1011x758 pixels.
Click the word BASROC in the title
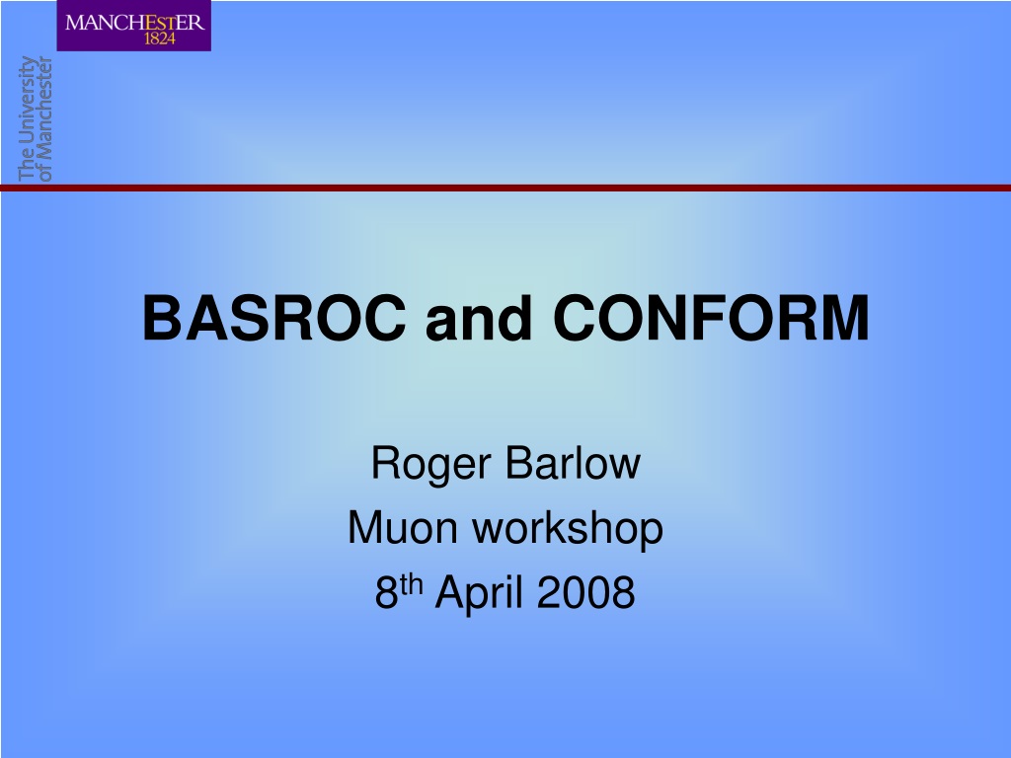click(x=274, y=318)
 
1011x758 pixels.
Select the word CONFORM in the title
click(x=711, y=318)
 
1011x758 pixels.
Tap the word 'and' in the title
click(x=479, y=318)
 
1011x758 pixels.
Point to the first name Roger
click(x=431, y=464)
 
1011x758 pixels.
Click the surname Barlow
click(x=574, y=463)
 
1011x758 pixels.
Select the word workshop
click(x=568, y=530)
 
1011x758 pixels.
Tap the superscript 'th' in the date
click(x=411, y=584)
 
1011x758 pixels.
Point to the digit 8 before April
click(x=386, y=592)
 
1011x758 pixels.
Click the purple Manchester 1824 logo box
click(x=134, y=26)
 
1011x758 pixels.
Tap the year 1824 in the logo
click(x=159, y=38)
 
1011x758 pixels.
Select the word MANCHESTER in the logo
click(x=134, y=23)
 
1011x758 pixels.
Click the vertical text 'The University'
click(x=26, y=118)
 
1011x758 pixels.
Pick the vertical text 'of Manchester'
click(x=44, y=118)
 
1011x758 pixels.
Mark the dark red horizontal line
click(x=505, y=188)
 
